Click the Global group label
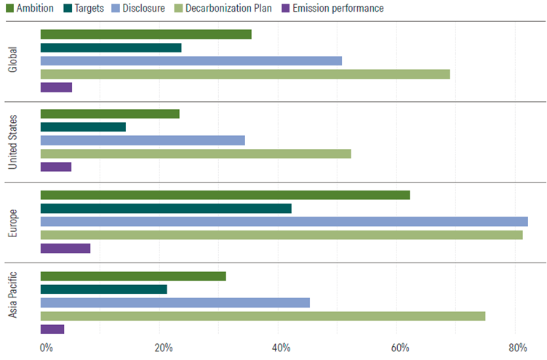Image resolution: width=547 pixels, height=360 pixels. [x=12, y=61]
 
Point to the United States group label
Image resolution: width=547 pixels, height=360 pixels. [x=12, y=140]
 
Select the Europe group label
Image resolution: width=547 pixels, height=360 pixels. [x=12, y=222]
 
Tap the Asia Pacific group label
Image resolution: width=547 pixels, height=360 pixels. [x=12, y=303]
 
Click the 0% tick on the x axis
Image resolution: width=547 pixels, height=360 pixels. [x=46, y=348]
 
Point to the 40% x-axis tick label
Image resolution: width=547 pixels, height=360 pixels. [x=282, y=348]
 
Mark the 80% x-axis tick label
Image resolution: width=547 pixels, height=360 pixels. [x=517, y=348]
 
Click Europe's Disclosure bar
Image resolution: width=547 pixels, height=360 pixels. [x=284, y=221]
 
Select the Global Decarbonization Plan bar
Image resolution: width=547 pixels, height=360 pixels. [x=245, y=74]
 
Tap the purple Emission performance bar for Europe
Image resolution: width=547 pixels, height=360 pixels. [x=65, y=248]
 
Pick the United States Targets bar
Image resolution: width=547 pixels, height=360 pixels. [x=83, y=127]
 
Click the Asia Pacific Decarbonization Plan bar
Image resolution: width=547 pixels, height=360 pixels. [x=263, y=316]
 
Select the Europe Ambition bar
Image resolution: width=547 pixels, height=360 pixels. [x=225, y=195]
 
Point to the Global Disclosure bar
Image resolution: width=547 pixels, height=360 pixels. [x=191, y=60]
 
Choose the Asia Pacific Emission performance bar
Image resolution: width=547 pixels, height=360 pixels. [x=52, y=329]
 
